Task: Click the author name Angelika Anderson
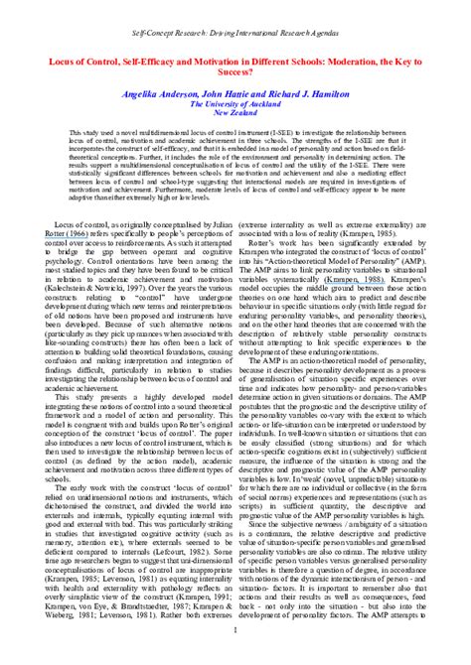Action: [162, 90]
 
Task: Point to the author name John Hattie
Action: [231, 90]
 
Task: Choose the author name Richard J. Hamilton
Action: [316, 90]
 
